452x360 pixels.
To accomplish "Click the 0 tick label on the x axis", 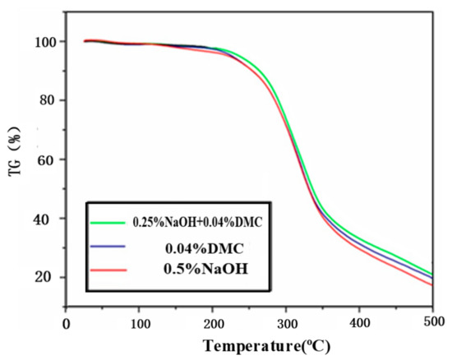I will click(67, 324).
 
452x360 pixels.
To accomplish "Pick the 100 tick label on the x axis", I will click(140, 324).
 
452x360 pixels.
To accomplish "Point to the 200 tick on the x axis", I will click(213, 324).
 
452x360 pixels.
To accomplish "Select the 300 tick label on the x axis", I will click(286, 324).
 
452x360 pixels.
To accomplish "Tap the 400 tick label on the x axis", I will click(359, 324).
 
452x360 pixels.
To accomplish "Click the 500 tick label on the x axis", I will click(431, 324).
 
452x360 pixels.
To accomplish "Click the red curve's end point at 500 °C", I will click(431, 285).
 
